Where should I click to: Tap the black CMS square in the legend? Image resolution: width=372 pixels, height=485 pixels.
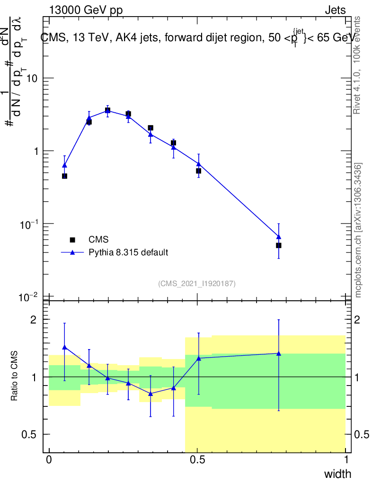[72, 240]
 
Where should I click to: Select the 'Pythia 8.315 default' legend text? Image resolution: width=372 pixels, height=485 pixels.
[128, 252]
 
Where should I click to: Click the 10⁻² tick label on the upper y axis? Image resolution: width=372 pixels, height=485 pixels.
[28, 297]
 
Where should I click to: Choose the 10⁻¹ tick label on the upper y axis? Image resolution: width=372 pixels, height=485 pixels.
[28, 224]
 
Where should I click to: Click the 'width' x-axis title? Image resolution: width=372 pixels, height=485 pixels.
[337, 474]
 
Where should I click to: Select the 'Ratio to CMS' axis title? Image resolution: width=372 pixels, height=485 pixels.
[15, 377]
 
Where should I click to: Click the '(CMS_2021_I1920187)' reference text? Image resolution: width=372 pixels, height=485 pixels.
[197, 284]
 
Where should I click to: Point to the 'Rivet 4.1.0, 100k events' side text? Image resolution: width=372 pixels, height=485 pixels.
[357, 65]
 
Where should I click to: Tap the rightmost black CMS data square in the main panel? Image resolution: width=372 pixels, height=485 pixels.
[279, 245]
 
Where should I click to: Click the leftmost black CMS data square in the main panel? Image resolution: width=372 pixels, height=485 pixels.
[64, 176]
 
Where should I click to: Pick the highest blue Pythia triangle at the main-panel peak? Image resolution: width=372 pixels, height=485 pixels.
[107, 110]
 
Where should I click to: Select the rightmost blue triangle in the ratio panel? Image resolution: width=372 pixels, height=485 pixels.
[279, 353]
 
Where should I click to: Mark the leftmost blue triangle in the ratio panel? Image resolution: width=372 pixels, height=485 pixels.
[64, 347]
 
